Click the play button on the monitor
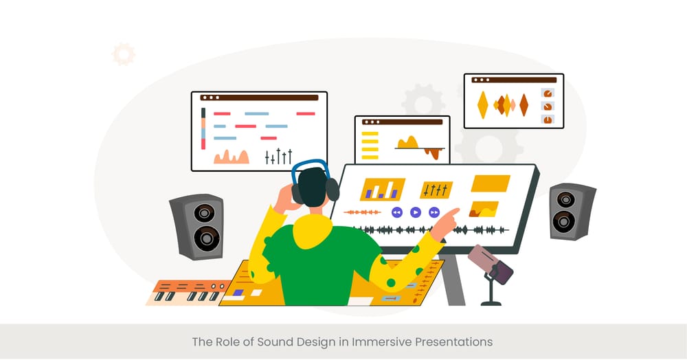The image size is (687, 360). point(416,212)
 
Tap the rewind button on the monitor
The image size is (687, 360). point(397,212)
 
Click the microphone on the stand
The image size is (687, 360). point(491,265)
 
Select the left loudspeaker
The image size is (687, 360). point(197,226)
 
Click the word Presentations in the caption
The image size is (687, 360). point(458,341)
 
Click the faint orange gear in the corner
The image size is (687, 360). point(124,54)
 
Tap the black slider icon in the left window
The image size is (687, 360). point(279,156)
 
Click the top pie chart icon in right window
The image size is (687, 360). point(548,93)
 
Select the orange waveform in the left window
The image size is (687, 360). point(231,157)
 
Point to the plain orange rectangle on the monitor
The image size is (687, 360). point(490,183)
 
